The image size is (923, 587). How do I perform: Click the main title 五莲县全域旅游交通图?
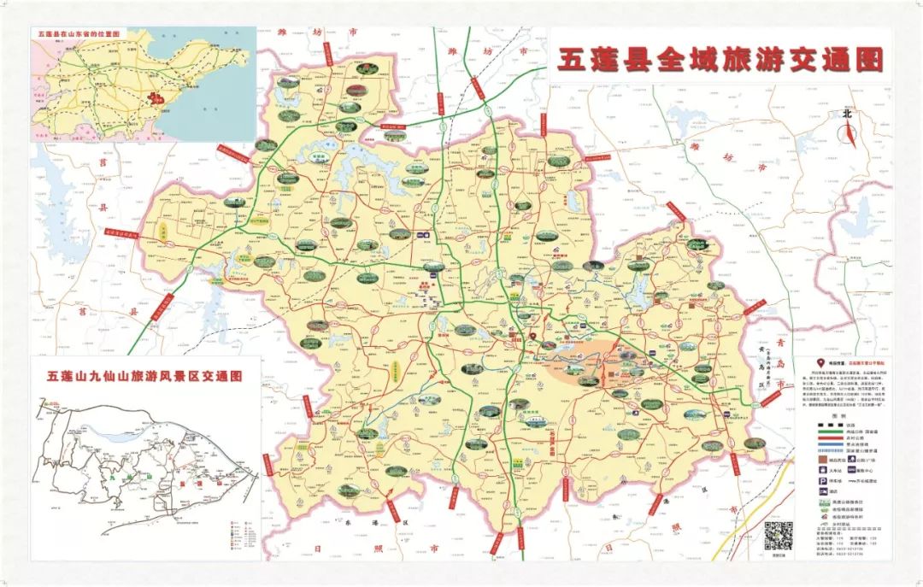pyautogui.click(x=720, y=60)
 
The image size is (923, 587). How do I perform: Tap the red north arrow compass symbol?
pyautogui.click(x=848, y=133)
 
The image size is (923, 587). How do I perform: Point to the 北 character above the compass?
pyautogui.click(x=848, y=113)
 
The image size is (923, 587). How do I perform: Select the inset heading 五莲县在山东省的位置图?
pyautogui.click(x=79, y=35)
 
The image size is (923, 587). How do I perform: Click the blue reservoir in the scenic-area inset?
pyautogui.click(x=120, y=434)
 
